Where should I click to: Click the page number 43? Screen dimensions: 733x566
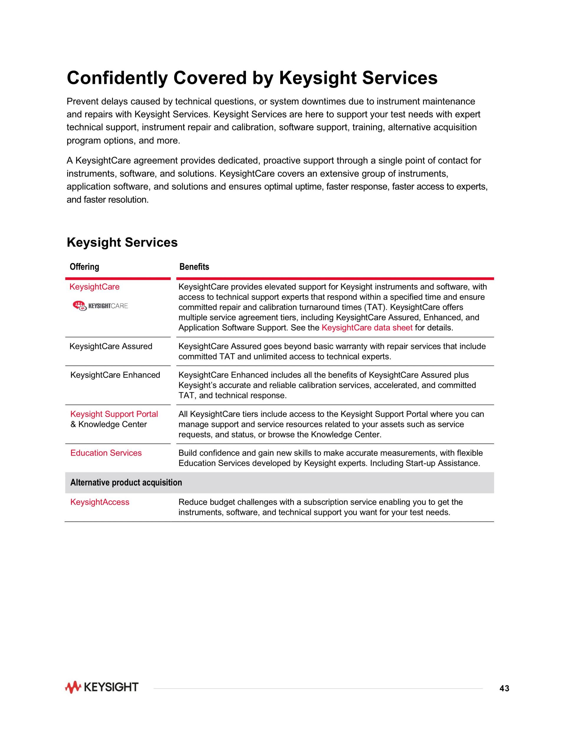click(x=504, y=688)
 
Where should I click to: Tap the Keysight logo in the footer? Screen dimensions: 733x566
click(x=102, y=687)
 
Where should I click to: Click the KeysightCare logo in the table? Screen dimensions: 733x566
click(x=100, y=306)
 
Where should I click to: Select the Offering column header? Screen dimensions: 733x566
click(x=84, y=267)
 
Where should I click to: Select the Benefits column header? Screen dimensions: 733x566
click(x=194, y=267)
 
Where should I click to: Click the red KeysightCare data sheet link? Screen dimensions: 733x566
click(x=367, y=328)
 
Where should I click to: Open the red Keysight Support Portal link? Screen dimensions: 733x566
click(x=114, y=414)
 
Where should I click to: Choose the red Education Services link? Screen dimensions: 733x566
click(x=106, y=453)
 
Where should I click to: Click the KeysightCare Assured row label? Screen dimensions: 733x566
click(x=111, y=346)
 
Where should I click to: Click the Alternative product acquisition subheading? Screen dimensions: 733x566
click(x=126, y=483)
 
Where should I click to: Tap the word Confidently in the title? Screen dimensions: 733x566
click(x=117, y=78)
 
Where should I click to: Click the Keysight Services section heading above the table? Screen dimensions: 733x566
click(x=122, y=242)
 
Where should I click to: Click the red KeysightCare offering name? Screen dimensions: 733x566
click(x=94, y=287)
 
